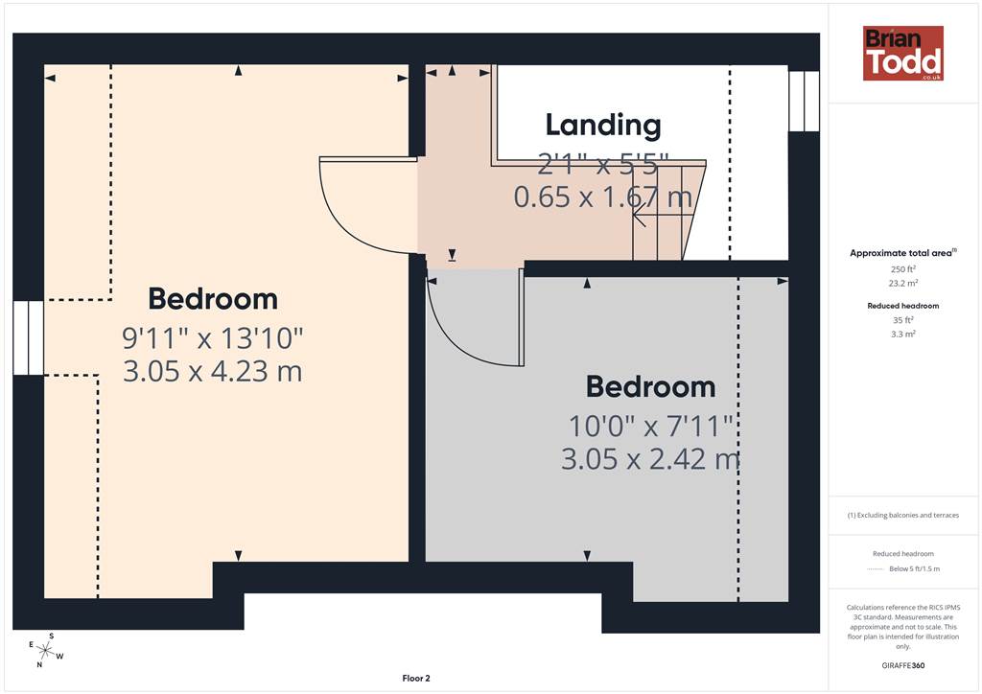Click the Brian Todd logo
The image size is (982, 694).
[903, 53]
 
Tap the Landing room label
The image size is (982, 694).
[603, 125]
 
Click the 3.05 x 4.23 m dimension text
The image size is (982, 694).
[212, 371]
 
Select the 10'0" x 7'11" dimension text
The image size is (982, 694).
[651, 427]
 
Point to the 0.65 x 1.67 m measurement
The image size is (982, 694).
[603, 197]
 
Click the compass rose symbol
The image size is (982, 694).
[46, 651]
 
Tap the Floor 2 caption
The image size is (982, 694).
[416, 679]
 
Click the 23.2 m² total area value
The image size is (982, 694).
[903, 283]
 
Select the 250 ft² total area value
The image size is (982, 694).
[903, 269]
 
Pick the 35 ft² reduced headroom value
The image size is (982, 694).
[903, 320]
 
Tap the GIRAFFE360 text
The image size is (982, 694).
[903, 665]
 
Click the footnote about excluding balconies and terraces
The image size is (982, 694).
[903, 515]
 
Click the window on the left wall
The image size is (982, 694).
[28, 338]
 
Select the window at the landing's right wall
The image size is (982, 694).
[804, 101]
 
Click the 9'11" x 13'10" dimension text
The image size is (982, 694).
[212, 338]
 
